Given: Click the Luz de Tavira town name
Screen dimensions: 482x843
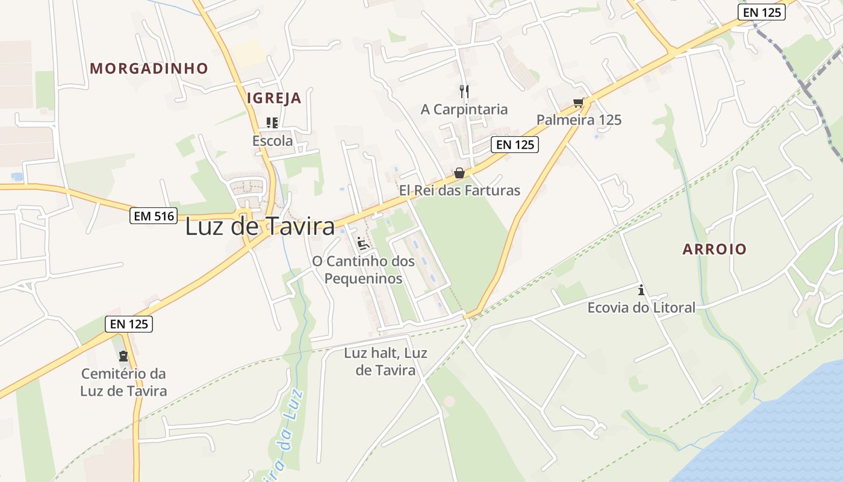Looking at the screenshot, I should tap(260, 227).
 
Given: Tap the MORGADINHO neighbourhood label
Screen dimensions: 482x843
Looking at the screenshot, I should tap(149, 69).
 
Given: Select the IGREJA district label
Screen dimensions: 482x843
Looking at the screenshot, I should tap(274, 98).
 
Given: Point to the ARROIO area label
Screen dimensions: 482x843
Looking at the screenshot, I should tap(714, 249).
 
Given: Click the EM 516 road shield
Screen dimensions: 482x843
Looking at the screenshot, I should tap(153, 216).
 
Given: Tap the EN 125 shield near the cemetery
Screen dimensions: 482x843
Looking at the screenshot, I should tap(129, 324).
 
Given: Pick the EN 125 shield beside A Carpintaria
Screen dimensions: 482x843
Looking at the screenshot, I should tap(514, 145).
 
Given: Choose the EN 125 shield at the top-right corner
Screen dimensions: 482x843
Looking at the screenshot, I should tap(762, 12).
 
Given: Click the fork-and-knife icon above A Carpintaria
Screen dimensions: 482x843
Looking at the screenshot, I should tap(464, 92).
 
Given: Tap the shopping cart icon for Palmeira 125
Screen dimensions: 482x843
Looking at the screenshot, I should tap(579, 102).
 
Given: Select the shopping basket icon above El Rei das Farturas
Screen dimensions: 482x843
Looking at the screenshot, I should tap(459, 174).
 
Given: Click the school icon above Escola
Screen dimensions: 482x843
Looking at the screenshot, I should tap(272, 123).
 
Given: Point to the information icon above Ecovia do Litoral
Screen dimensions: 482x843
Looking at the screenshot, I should tap(641, 290).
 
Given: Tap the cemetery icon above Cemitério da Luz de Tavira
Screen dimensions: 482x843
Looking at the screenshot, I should tap(123, 356).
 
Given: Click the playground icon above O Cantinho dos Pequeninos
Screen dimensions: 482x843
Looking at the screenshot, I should tap(363, 243).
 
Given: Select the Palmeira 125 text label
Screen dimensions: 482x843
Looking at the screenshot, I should tap(579, 120).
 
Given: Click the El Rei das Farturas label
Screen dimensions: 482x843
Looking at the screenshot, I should tap(459, 190).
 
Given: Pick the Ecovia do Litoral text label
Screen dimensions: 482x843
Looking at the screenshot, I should tap(641, 308).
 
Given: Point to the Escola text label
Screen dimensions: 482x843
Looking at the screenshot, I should tap(272, 141).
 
